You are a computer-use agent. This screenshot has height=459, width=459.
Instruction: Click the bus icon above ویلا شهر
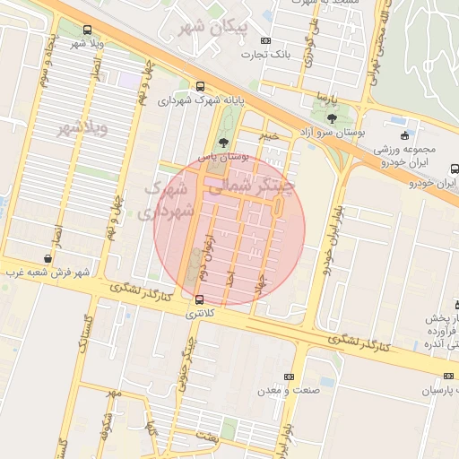click(86, 30)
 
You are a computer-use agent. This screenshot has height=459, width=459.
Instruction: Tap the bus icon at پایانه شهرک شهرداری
click(198, 86)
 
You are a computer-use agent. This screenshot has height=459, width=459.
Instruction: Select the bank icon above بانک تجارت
click(265, 40)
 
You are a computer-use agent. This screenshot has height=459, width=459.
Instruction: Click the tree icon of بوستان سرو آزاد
click(332, 118)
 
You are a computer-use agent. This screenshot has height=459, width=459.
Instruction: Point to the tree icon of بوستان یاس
click(223, 142)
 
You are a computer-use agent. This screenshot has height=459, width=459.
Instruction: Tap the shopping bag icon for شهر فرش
click(47, 258)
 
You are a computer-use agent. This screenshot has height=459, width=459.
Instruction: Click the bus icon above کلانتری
click(198, 299)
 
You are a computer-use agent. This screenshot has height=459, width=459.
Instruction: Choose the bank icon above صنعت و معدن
click(288, 377)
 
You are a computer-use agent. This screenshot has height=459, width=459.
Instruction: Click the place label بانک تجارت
click(266, 55)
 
